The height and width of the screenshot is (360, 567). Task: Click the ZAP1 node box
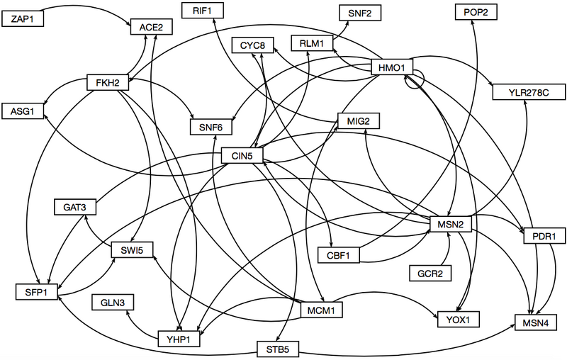27,19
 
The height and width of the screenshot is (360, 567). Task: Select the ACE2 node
151,28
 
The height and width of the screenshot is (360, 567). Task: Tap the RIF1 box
203,11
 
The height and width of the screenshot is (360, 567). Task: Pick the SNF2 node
360,13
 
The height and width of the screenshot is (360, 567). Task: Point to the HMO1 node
392,68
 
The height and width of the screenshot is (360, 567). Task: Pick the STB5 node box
278,349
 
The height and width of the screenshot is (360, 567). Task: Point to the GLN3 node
113,303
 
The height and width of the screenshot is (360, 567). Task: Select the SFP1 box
36,291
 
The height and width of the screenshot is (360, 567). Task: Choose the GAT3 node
75,208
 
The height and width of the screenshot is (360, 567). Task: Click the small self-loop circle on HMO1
415,79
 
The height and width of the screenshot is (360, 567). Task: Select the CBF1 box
339,253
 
